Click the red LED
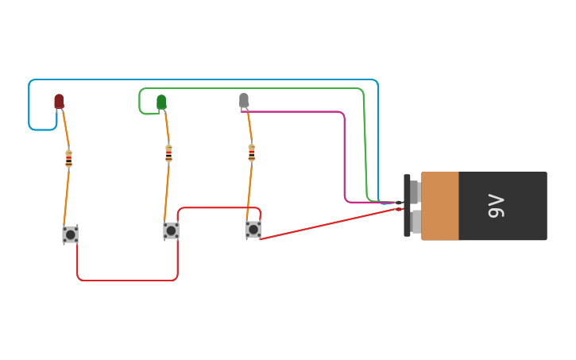(x=59, y=101)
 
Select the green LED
(x=161, y=102)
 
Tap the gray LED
(x=244, y=100)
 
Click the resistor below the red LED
(x=69, y=158)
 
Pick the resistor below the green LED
(x=168, y=153)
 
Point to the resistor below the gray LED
(x=252, y=152)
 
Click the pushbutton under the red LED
(x=71, y=234)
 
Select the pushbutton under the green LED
(x=171, y=230)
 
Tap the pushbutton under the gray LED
(x=253, y=229)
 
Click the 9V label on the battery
(x=496, y=206)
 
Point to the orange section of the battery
(x=440, y=206)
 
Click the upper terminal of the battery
(x=415, y=192)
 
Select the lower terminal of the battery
(x=416, y=221)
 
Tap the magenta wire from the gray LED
(x=302, y=112)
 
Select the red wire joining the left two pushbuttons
(x=127, y=280)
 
